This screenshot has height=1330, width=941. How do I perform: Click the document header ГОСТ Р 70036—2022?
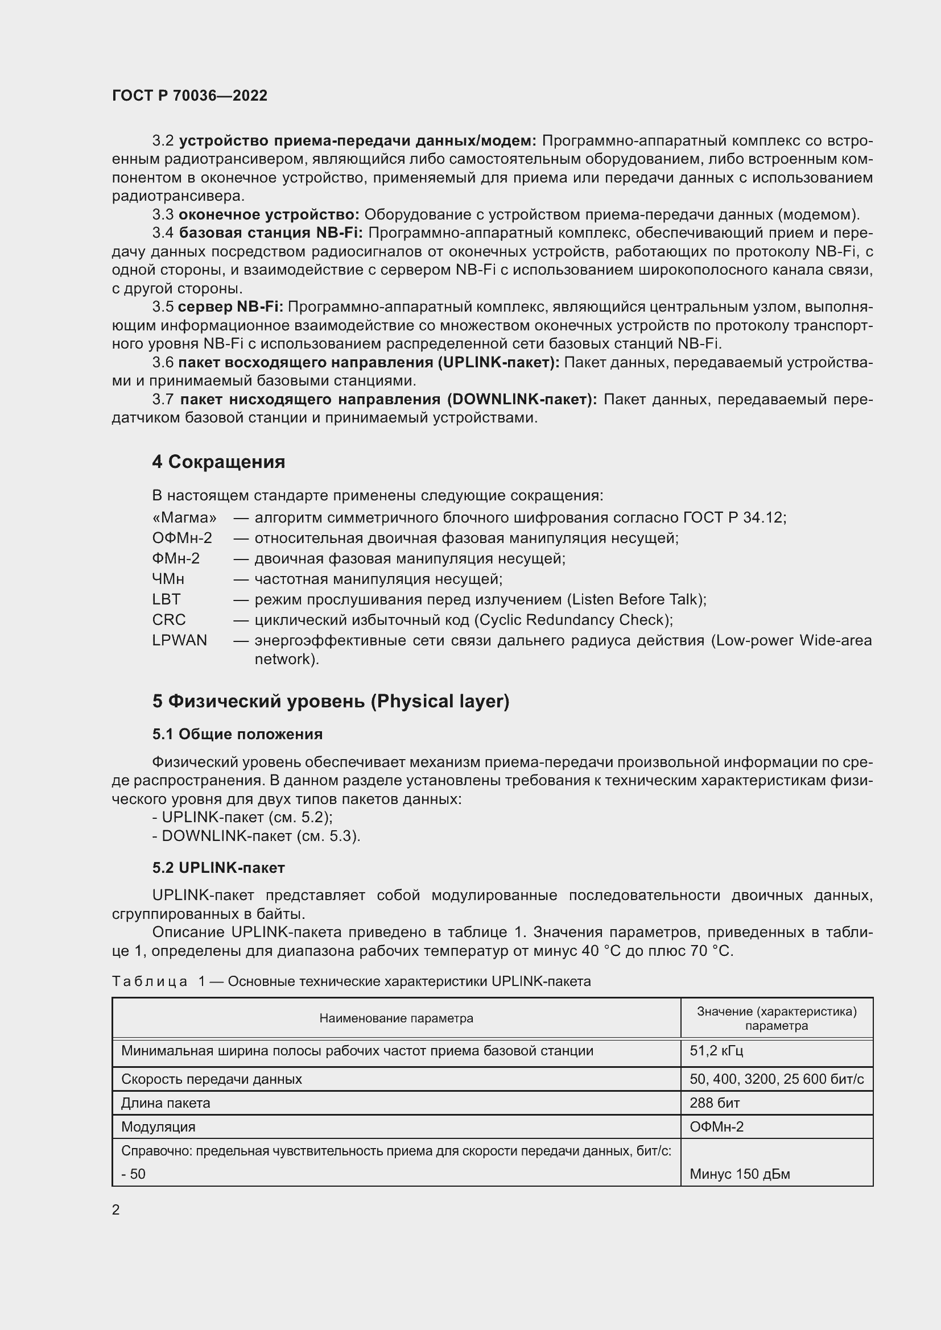189,96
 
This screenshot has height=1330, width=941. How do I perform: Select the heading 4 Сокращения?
218,462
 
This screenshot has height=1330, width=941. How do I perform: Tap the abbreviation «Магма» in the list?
184,517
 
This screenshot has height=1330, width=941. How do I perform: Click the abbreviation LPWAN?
179,640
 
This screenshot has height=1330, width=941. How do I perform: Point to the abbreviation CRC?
168,620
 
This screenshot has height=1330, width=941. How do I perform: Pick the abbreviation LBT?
166,599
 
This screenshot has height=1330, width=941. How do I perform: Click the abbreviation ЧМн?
168,579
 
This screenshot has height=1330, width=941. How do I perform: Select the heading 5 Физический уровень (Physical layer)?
331,701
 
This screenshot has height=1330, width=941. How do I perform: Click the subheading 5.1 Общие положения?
237,734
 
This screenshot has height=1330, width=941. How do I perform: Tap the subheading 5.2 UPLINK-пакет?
218,867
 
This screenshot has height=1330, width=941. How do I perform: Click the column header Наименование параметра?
396,1018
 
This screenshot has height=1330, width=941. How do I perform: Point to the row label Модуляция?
158,1126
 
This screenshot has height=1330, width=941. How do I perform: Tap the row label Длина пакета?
165,1103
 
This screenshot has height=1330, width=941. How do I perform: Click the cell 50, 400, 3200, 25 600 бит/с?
776,1079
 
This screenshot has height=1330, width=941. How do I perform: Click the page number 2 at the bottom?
116,1209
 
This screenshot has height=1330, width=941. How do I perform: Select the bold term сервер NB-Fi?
230,306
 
